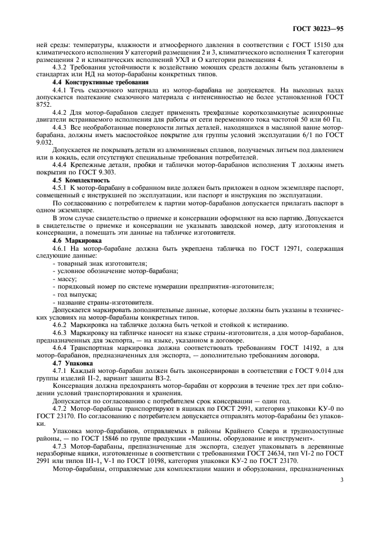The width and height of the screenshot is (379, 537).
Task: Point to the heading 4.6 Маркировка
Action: pyautogui.click(x=73, y=241)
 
